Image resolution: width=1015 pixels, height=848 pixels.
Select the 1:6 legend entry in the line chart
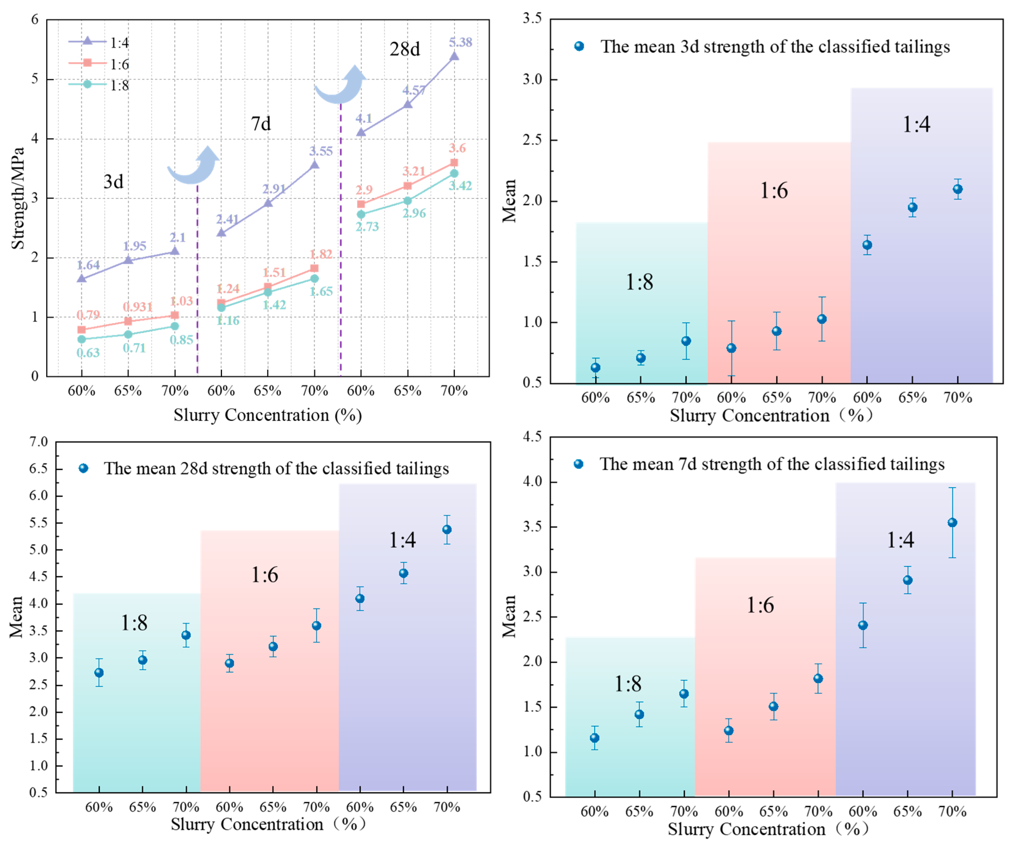(119, 64)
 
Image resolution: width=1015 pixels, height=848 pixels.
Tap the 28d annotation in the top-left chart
(405, 49)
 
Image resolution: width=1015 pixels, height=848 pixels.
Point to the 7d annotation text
(261, 124)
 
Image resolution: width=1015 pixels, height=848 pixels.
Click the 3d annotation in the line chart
(114, 182)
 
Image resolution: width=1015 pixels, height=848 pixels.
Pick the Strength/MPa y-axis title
(18, 198)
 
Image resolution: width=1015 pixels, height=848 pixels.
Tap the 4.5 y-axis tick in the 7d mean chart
(532, 437)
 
